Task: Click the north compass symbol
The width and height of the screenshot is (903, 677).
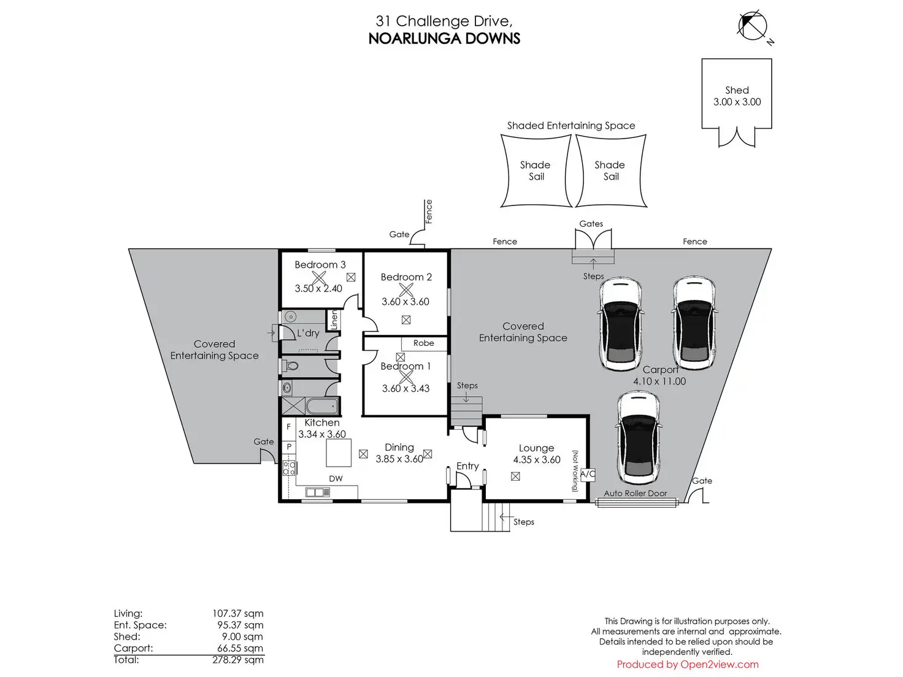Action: click(753, 26)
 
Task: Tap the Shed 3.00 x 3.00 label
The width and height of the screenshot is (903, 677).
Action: click(737, 96)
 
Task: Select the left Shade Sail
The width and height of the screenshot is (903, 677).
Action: click(536, 170)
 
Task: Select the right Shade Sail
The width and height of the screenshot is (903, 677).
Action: click(610, 170)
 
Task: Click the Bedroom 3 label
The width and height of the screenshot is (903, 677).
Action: click(320, 265)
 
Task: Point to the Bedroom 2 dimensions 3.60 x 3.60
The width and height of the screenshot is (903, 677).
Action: click(405, 302)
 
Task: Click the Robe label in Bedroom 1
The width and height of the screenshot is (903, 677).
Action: click(423, 343)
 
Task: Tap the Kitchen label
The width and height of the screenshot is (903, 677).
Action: click(322, 423)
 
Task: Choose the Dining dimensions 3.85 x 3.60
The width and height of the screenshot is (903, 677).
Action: click(399, 459)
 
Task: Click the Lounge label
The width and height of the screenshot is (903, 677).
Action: click(536, 448)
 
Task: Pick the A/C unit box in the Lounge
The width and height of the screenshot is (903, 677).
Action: click(588, 474)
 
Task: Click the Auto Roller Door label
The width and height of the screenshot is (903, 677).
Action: click(635, 493)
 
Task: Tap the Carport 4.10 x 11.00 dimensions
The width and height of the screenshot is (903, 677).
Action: click(659, 381)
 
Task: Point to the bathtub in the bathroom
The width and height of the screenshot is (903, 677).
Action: click(322, 406)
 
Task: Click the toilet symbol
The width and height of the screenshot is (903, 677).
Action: click(291, 366)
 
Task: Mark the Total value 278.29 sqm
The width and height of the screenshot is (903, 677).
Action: click(237, 660)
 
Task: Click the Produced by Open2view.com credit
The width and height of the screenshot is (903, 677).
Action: click(687, 665)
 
